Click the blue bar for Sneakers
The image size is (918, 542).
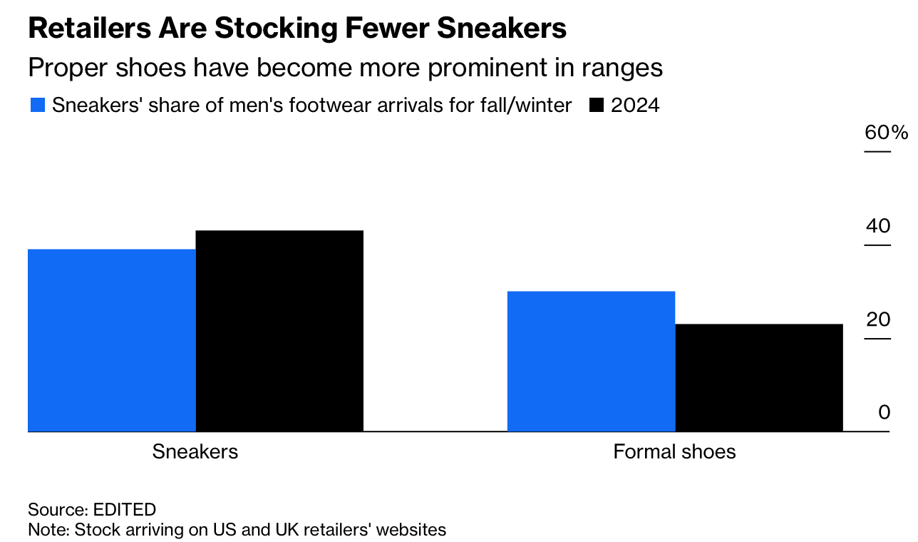(x=112, y=340)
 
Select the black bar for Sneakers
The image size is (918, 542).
(x=279, y=331)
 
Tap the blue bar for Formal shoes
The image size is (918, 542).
(x=591, y=361)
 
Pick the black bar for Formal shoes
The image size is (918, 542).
(x=758, y=377)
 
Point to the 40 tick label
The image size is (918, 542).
(x=878, y=226)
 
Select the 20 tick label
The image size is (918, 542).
(x=878, y=319)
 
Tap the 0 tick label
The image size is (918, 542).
(x=884, y=412)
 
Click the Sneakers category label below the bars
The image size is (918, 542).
(x=195, y=452)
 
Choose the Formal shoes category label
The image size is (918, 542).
(x=674, y=452)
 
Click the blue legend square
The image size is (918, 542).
(x=38, y=106)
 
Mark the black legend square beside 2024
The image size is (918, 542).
(x=597, y=106)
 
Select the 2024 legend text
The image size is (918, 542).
(x=635, y=106)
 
